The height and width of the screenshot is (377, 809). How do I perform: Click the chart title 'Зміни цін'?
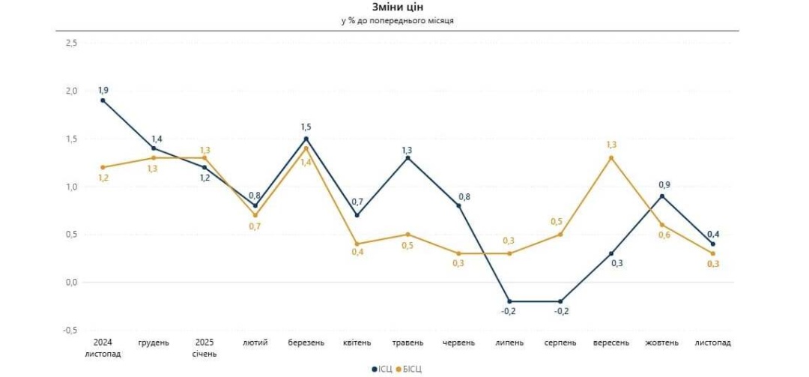[x=397, y=7]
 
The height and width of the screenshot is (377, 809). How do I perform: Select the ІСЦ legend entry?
[x=382, y=369]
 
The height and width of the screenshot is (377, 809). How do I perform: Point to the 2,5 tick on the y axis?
[x=72, y=43]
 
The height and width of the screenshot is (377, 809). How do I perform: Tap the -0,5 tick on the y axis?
[x=70, y=330]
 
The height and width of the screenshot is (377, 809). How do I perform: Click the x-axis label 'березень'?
[x=306, y=343]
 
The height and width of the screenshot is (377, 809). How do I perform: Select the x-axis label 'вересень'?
[x=611, y=343]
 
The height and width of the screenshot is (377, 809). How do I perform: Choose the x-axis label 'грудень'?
[x=154, y=343]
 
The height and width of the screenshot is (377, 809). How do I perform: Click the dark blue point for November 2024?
[x=103, y=100]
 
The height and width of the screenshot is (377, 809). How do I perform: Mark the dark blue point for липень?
[x=509, y=301]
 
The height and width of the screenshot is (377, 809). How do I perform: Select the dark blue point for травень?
[x=407, y=158]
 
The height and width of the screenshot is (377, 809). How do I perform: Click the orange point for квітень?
[x=357, y=244]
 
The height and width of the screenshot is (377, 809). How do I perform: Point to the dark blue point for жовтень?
[x=662, y=196]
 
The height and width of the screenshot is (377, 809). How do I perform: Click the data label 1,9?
[x=103, y=90]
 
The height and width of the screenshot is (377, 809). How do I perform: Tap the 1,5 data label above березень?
[x=306, y=127]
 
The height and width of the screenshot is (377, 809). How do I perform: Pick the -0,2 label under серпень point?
[x=560, y=312]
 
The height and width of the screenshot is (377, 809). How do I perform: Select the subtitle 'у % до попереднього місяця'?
[x=397, y=20]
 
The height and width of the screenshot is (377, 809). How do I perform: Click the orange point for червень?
[x=458, y=253]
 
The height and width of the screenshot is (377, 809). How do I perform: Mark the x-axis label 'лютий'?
[x=255, y=343]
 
